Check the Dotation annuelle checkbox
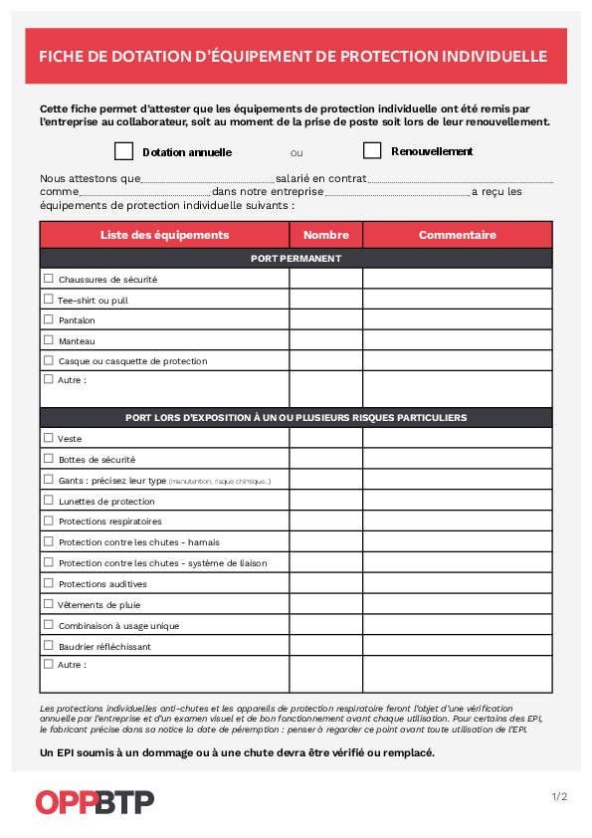coord(123,151)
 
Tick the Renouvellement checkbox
coord(372,151)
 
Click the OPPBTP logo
coord(95,801)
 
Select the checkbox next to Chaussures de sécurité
coord(48,279)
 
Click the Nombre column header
coord(325,235)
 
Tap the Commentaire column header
coord(457,235)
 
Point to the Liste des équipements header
coord(164,235)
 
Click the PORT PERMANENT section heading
coord(296,259)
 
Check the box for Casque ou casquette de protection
coord(48,360)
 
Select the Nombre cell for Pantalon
coord(325,319)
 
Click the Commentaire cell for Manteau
coord(457,340)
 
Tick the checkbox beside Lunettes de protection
coord(48,501)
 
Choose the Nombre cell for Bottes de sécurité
coord(325,459)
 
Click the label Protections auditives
coord(102,584)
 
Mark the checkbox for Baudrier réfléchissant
coord(48,646)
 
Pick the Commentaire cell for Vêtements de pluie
coord(457,604)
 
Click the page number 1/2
coord(559,796)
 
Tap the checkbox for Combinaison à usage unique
coord(48,625)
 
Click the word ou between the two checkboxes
coord(296,153)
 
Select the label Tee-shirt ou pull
coord(94,300)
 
